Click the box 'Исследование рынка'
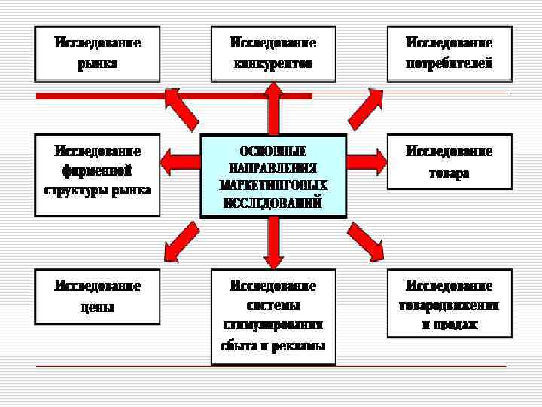pyautogui.click(x=97, y=54)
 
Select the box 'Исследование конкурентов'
pyautogui.click(x=273, y=54)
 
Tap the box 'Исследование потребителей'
pyautogui.click(x=449, y=54)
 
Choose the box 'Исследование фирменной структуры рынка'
pyautogui.click(x=97, y=174)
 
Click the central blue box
pyautogui.click(x=273, y=175)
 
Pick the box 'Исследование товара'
pyautogui.click(x=449, y=161)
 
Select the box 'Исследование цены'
pyautogui.click(x=97, y=296)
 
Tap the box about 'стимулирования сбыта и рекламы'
pyautogui.click(x=273, y=315)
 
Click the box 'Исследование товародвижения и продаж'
pyautogui.click(x=449, y=302)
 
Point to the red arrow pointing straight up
pyautogui.click(x=273, y=109)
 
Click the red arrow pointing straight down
pyautogui.click(x=273, y=241)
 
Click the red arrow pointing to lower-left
pyautogui.click(x=181, y=240)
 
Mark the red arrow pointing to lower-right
pyautogui.click(x=366, y=240)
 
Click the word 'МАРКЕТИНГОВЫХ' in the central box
pyautogui.click(x=273, y=184)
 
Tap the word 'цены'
pyautogui.click(x=97, y=307)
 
